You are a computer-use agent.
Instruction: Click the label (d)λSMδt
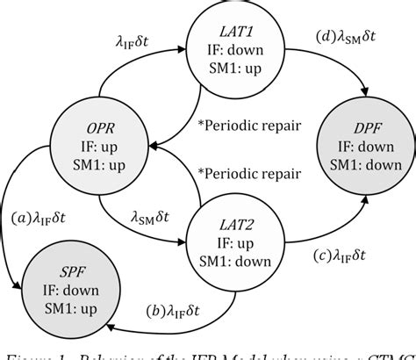347,40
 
